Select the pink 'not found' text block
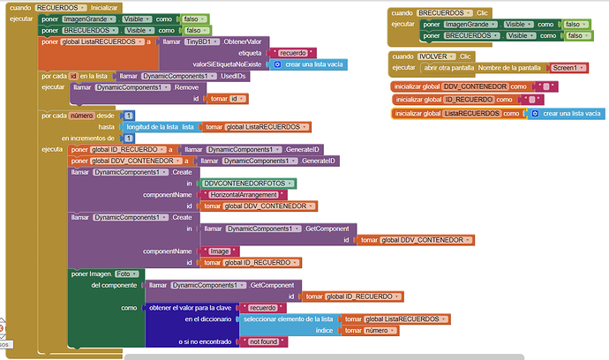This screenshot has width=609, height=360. (x=263, y=341)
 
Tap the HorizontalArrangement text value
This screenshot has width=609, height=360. (x=241, y=194)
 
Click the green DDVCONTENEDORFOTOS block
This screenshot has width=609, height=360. (x=249, y=183)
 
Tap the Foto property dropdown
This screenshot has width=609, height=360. (x=127, y=274)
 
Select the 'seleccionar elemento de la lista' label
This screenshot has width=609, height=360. (x=288, y=319)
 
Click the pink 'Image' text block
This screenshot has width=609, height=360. (x=221, y=251)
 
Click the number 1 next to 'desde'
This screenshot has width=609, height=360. (x=129, y=116)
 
